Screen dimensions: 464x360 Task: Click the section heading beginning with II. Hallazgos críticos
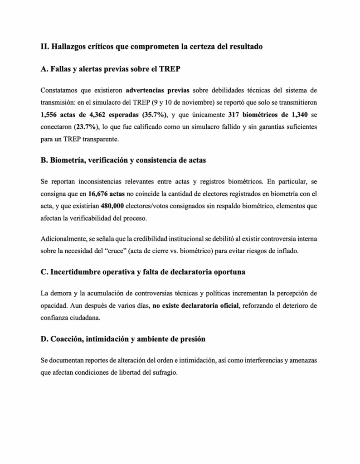click(151, 46)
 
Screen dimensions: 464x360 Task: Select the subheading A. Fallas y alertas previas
click(112, 69)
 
